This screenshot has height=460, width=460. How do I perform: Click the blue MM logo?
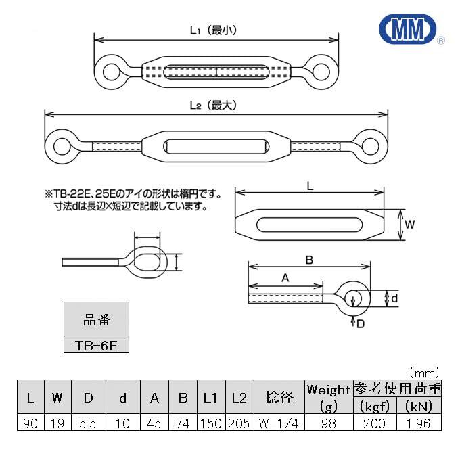pyautogui.click(x=408, y=28)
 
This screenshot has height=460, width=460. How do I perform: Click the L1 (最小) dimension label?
pyautogui.click(x=213, y=30)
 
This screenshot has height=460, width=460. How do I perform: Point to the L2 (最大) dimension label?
pyautogui.click(x=213, y=106)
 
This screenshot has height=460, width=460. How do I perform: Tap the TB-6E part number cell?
pyautogui.click(x=96, y=345)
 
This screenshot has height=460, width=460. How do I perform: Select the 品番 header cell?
pyautogui.click(x=96, y=319)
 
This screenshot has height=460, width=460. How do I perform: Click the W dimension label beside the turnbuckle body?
pyautogui.click(x=410, y=225)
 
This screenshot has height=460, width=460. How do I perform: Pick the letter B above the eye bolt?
pyautogui.click(x=309, y=260)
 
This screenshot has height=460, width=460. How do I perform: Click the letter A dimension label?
pyautogui.click(x=285, y=277)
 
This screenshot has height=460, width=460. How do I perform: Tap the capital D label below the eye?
pyautogui.click(x=361, y=324)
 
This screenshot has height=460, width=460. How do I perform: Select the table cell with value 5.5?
pyautogui.click(x=88, y=423)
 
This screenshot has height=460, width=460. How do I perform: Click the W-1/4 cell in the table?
pyautogui.click(x=279, y=423)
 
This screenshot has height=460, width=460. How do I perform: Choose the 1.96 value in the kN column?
pyautogui.click(x=419, y=423)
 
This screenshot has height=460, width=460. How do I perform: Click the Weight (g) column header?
pyautogui.click(x=329, y=397)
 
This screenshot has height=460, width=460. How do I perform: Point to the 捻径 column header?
pyautogui.click(x=279, y=397)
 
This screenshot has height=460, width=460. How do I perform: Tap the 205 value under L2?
pyautogui.click(x=239, y=423)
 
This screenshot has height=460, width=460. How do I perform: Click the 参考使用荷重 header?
pyautogui.click(x=398, y=389)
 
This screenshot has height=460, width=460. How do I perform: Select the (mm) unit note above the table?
pyautogui.click(x=424, y=373)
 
